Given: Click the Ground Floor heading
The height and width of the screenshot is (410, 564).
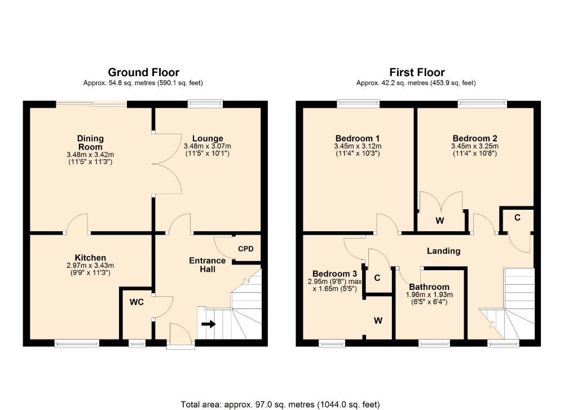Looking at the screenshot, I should tap(143, 72).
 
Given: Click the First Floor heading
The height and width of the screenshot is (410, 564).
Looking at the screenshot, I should tap(417, 72).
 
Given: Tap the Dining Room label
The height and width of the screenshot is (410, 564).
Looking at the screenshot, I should tap(90, 142).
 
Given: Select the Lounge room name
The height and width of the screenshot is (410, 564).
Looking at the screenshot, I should tap(208, 138).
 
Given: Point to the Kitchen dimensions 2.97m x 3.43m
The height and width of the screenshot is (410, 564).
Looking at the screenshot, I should tap(90, 266).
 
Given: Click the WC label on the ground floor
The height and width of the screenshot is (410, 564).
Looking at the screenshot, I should tap(137, 302).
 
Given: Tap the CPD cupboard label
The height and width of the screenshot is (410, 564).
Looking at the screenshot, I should tap(246, 248).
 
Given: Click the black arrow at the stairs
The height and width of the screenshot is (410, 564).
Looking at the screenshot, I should tap(209, 324).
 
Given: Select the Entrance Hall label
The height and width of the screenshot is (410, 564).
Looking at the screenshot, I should tap(207, 265).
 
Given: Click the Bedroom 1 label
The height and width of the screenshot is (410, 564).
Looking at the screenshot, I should tap(357, 138).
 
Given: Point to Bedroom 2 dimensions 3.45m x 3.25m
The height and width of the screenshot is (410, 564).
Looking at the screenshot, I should tap(474, 146).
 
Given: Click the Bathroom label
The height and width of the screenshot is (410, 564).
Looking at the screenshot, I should tap(429, 286).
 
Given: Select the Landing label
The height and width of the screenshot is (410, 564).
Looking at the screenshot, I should tap(443, 251).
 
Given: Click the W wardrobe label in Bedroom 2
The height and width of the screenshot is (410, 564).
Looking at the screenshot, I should tap(439, 221).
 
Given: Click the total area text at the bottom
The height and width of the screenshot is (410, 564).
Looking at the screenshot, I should tap(280, 404).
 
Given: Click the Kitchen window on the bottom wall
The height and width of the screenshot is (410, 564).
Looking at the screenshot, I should tap(78, 342).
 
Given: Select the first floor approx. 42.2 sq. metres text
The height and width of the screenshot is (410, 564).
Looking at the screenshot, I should tap(416, 83).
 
